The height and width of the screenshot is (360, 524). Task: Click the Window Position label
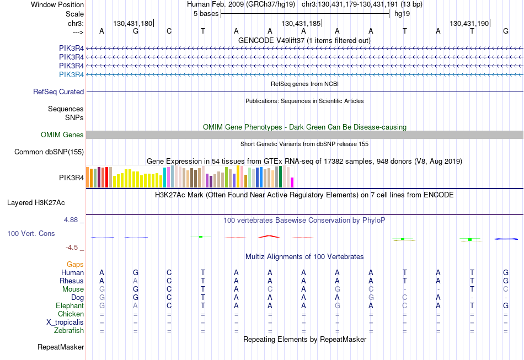click(x=57, y=4)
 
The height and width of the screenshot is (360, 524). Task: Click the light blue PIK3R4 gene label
click(x=72, y=74)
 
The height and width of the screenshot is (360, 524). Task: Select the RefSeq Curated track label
click(x=58, y=92)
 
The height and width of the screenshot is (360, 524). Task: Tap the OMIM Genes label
click(x=62, y=135)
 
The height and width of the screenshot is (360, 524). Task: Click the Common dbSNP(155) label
click(x=49, y=152)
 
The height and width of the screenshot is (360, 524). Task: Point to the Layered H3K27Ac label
click(x=36, y=203)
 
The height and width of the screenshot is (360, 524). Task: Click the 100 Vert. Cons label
click(x=31, y=233)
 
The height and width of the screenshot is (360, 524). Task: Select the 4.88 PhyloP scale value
click(x=71, y=220)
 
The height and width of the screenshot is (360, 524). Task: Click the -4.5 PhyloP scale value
click(x=72, y=248)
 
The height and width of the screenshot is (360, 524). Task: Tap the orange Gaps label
click(x=75, y=265)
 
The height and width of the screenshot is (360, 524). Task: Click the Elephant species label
click(x=70, y=305)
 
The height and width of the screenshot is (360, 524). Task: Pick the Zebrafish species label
click(x=69, y=330)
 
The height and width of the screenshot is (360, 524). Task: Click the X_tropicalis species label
click(x=65, y=323)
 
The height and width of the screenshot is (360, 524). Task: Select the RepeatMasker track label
click(x=61, y=347)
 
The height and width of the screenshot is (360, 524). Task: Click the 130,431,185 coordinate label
click(x=301, y=23)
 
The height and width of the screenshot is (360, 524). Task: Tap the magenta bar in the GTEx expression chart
click(x=292, y=182)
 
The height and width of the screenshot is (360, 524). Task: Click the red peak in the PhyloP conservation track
click(x=269, y=236)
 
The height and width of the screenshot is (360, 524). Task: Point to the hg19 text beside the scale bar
click(x=402, y=14)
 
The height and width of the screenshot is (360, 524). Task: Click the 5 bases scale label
click(x=206, y=14)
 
